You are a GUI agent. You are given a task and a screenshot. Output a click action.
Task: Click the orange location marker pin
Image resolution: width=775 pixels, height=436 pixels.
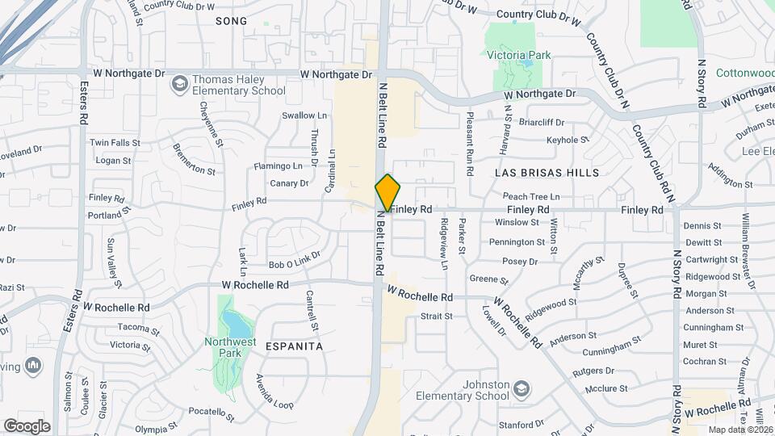pos(387,193)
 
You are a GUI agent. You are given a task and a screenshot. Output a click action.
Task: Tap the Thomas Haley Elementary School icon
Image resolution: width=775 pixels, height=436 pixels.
pos(178,82)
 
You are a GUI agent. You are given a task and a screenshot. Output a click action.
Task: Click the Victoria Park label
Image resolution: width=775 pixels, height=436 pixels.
pos(517,56)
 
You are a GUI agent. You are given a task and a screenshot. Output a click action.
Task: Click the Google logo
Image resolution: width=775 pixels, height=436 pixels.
pos(27,426)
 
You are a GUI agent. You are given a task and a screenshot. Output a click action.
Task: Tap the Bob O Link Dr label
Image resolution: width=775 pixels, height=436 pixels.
pos(295,264)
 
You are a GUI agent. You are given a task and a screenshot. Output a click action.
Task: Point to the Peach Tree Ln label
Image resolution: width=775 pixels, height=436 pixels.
pos(530,196)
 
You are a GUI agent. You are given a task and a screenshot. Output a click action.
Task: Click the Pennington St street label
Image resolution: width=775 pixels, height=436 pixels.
pos(517,241)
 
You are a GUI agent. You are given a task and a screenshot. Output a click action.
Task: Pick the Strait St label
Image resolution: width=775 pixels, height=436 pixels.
pos(436,316)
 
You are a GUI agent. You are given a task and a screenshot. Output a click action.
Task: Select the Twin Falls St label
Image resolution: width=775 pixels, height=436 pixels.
pos(115,142)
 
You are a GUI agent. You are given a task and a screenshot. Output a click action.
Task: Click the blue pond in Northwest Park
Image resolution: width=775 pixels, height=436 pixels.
pos(237,325)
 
